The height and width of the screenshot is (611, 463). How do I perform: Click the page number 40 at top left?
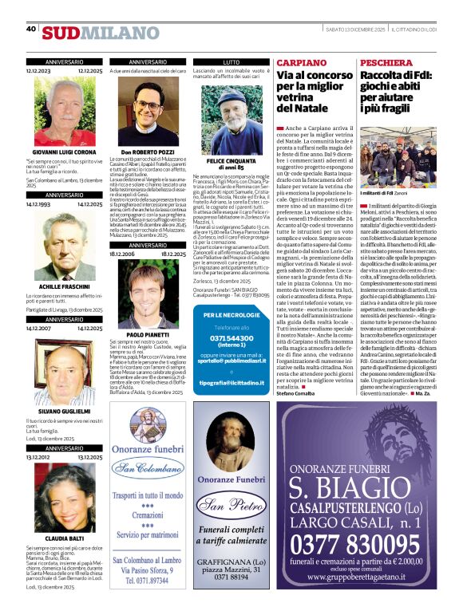click(x=31, y=29)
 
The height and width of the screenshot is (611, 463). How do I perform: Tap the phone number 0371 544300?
click(x=231, y=337)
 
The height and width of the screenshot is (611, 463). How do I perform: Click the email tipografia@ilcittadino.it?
click(x=231, y=383)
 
